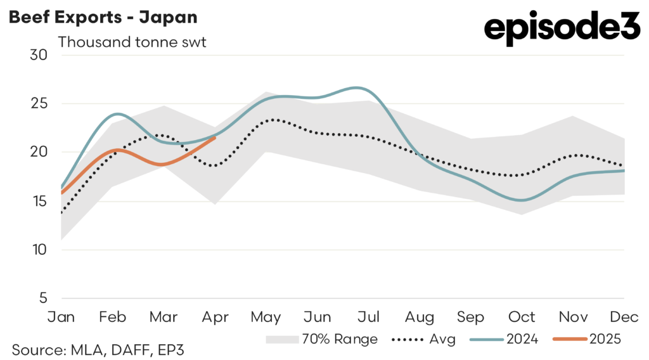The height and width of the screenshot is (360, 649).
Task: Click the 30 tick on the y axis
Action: (39, 55)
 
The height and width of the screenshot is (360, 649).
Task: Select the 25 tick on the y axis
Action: (39, 103)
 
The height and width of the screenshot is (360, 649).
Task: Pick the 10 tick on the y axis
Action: (39, 250)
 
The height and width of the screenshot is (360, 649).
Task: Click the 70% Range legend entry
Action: (322, 339)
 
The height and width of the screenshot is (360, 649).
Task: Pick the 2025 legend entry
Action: (587, 339)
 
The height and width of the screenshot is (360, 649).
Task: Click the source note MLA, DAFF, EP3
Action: (98, 349)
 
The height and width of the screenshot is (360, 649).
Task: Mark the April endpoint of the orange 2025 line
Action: (215, 138)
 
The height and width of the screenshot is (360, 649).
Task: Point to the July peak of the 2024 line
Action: (359, 88)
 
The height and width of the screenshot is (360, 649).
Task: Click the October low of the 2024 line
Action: (521, 200)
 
